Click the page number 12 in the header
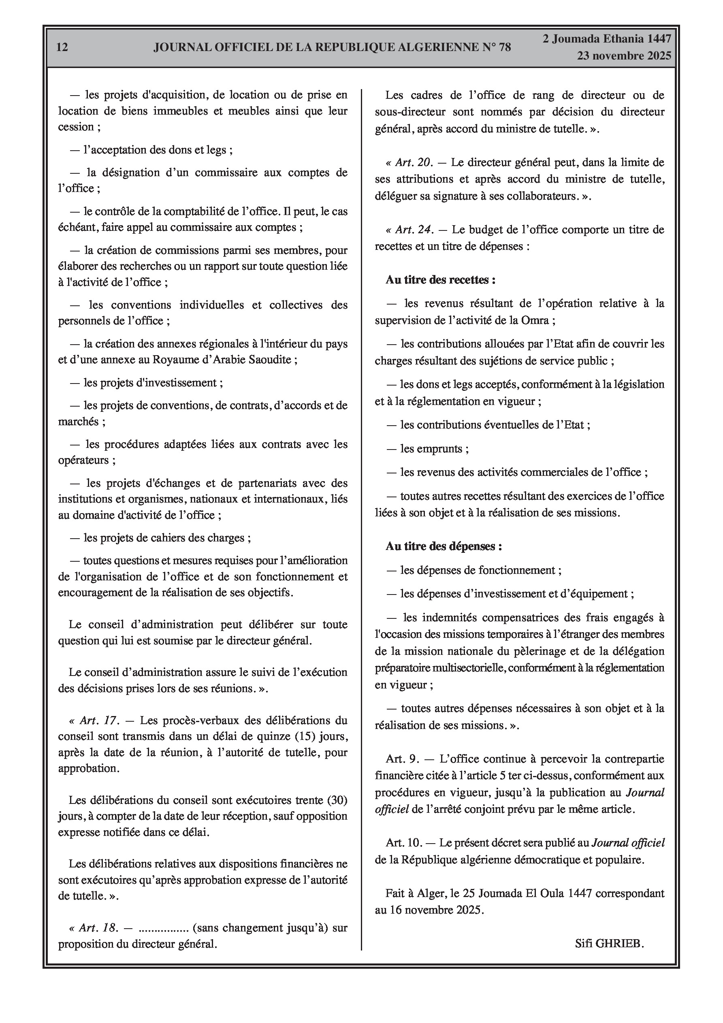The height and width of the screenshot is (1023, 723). (62, 47)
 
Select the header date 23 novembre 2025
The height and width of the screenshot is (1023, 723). (624, 56)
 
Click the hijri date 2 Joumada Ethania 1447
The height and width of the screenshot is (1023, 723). (607, 39)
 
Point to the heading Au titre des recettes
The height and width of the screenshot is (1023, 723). (440, 280)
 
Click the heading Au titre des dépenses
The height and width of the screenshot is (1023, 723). (444, 546)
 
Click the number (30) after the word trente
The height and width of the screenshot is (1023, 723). (337, 800)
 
